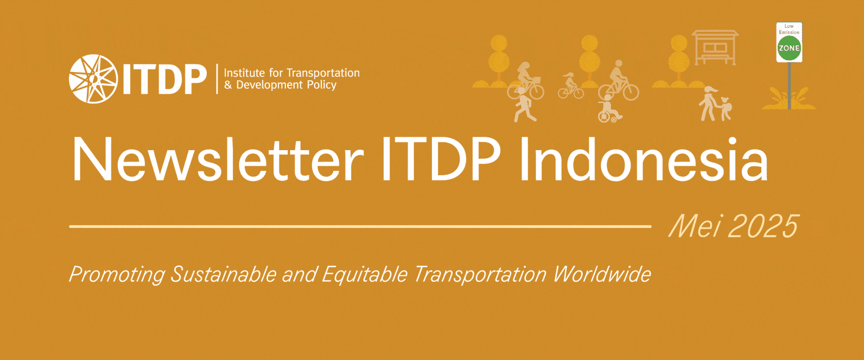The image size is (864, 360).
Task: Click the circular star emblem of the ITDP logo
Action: pos(94,79)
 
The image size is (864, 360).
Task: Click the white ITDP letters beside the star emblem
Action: pos(165,80)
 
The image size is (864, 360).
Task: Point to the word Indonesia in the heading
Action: pos(644,159)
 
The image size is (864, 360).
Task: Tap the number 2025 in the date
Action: pos(763,226)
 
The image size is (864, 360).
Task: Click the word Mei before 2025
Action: pos(694,226)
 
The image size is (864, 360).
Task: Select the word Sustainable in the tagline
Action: pos(223,274)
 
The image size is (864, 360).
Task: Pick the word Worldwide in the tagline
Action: pos(602,274)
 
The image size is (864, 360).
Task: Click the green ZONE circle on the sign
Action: pos(789,48)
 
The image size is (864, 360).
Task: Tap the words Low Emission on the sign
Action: pos(789,29)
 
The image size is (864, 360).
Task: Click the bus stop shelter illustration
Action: pos(715,47)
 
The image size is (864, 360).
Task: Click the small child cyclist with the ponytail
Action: pos(570,86)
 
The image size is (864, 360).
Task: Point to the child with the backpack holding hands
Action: pos(726,109)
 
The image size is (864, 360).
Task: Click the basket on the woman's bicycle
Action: pos(535,80)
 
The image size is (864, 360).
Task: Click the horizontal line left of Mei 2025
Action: pos(360,226)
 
